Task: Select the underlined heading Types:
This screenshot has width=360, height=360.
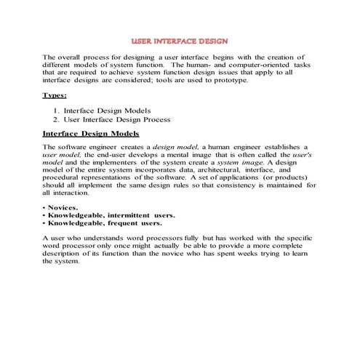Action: pyautogui.click(x=55, y=95)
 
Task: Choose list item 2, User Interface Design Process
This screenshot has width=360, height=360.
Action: pyautogui.click(x=116, y=119)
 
